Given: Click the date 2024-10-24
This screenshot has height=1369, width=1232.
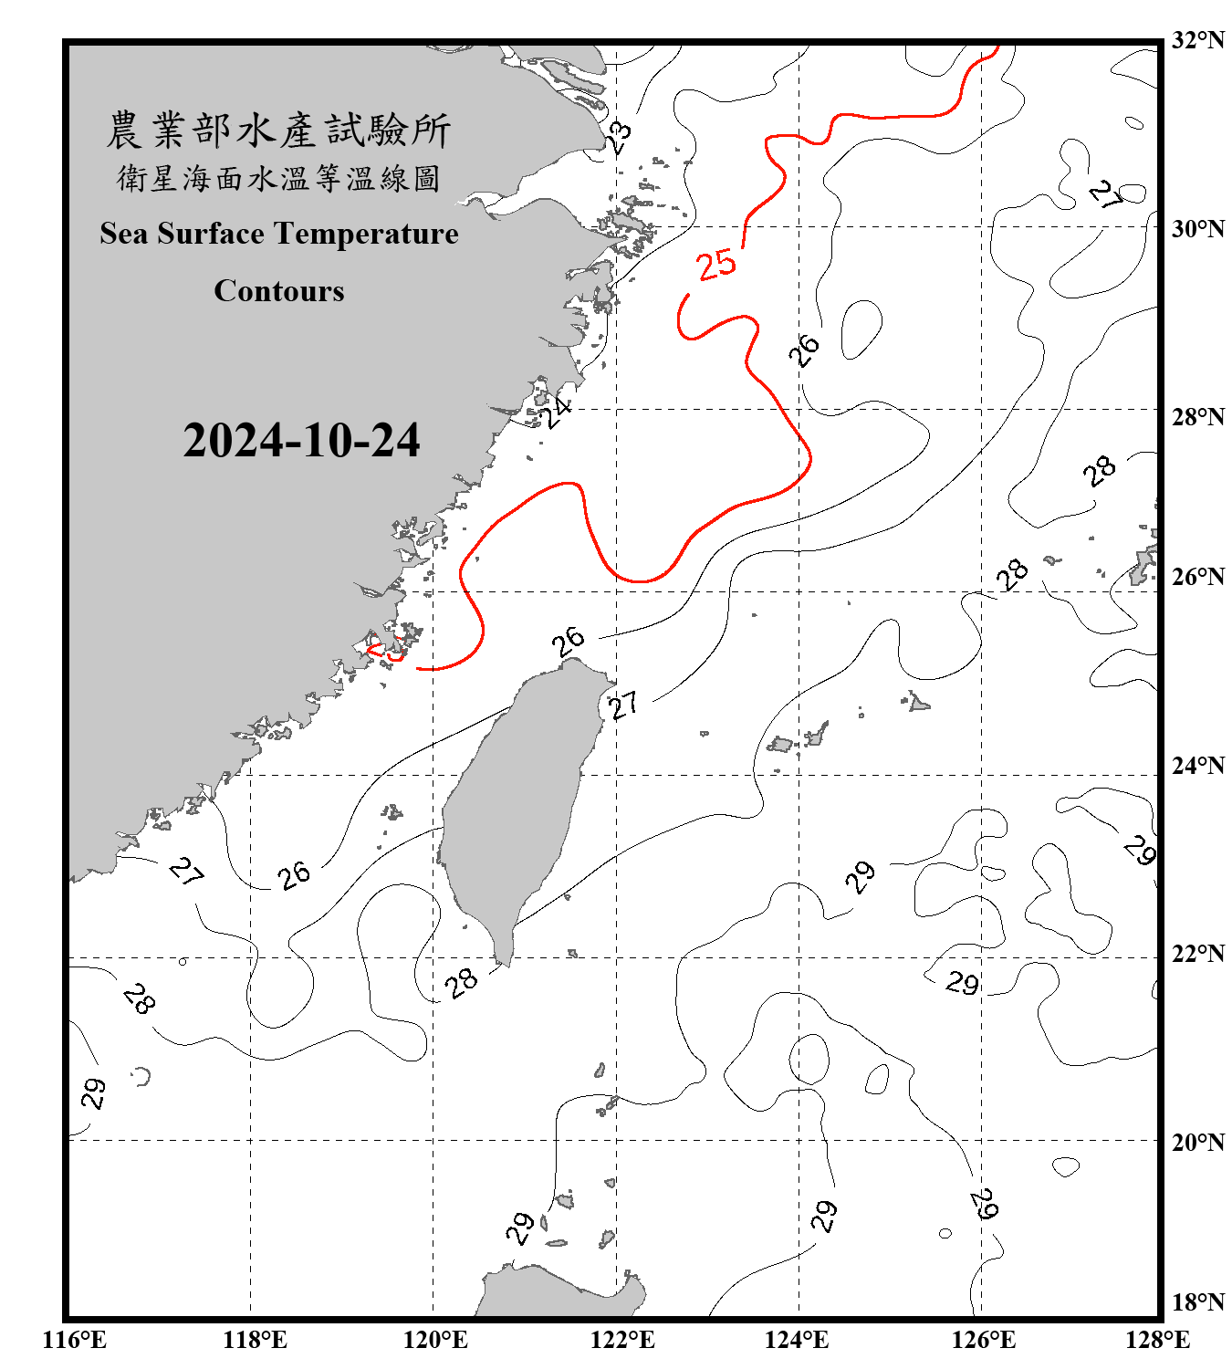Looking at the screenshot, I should pyautogui.click(x=301, y=441).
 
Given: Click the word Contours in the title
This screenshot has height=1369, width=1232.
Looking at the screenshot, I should pyautogui.click(x=279, y=291).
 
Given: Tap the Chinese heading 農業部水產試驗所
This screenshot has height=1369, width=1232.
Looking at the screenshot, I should pyautogui.click(x=278, y=131).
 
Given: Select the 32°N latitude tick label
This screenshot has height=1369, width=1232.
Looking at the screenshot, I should pyautogui.click(x=1198, y=40).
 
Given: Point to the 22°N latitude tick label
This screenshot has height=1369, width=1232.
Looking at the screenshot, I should pyautogui.click(x=1198, y=954).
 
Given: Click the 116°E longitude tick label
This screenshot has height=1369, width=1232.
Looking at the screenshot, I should pyautogui.click(x=74, y=1340).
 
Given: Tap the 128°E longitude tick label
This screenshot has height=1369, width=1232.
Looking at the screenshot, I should pyautogui.click(x=1157, y=1340).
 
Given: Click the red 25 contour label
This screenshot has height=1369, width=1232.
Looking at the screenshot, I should pyautogui.click(x=716, y=264).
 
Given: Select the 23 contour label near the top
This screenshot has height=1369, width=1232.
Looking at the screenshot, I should pyautogui.click(x=620, y=138).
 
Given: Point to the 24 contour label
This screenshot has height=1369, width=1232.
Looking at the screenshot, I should pyautogui.click(x=555, y=412).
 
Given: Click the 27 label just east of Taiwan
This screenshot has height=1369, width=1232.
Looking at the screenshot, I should pyautogui.click(x=624, y=705).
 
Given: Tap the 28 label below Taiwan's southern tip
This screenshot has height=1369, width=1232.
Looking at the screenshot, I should pyautogui.click(x=462, y=982).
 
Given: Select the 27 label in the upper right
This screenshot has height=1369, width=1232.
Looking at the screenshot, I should pyautogui.click(x=1106, y=194).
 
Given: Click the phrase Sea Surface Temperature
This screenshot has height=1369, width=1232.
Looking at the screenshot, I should pyautogui.click(x=279, y=234).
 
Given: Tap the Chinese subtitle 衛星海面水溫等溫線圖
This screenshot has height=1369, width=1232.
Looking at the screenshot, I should pyautogui.click(x=278, y=178).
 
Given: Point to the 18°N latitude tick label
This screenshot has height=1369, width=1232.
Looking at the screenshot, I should pyautogui.click(x=1198, y=1302).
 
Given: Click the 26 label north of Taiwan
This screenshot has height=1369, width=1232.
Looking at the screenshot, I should pyautogui.click(x=569, y=641).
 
